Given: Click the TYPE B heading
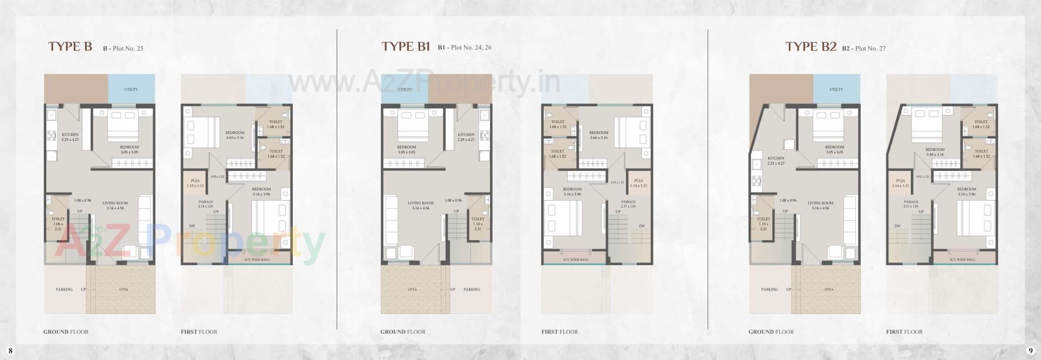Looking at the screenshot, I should (x=70, y=47).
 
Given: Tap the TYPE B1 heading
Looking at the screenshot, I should (x=406, y=47).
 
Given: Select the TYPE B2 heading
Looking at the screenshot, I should (x=811, y=47).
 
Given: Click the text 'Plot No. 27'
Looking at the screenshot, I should (x=870, y=48).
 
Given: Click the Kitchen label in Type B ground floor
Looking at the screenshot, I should (x=70, y=134).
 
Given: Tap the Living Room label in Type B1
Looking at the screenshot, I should (x=421, y=203).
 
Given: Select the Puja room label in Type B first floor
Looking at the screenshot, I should (x=195, y=181).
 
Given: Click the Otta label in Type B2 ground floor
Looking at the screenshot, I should (x=828, y=290).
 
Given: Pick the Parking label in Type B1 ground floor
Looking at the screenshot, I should (x=472, y=290).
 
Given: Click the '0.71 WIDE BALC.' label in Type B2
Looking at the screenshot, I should (x=962, y=260).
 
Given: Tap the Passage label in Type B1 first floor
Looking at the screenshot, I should (x=628, y=202).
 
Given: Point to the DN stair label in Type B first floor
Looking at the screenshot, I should (x=192, y=226).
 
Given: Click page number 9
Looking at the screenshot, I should (x=1030, y=351).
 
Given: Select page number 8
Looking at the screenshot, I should (x=10, y=351).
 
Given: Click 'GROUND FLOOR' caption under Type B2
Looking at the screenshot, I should (x=771, y=332).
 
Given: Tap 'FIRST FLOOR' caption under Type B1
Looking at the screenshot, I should (x=560, y=332).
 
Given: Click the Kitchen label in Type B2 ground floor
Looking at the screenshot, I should (x=776, y=158).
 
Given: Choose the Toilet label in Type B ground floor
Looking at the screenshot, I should (x=58, y=219).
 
